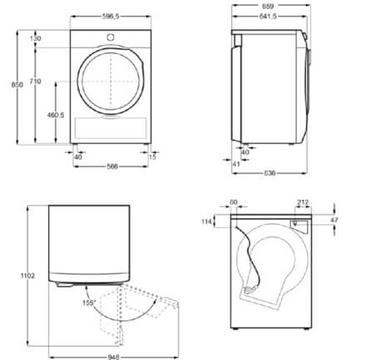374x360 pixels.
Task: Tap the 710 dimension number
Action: [35, 80]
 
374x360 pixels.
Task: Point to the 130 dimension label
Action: [36, 38]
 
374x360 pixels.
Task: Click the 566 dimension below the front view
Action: [111, 165]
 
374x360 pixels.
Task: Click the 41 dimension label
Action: [236, 165]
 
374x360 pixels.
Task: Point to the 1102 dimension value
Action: [19, 275]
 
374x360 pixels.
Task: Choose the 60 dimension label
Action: [234, 201]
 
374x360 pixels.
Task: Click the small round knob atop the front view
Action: [111, 37]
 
